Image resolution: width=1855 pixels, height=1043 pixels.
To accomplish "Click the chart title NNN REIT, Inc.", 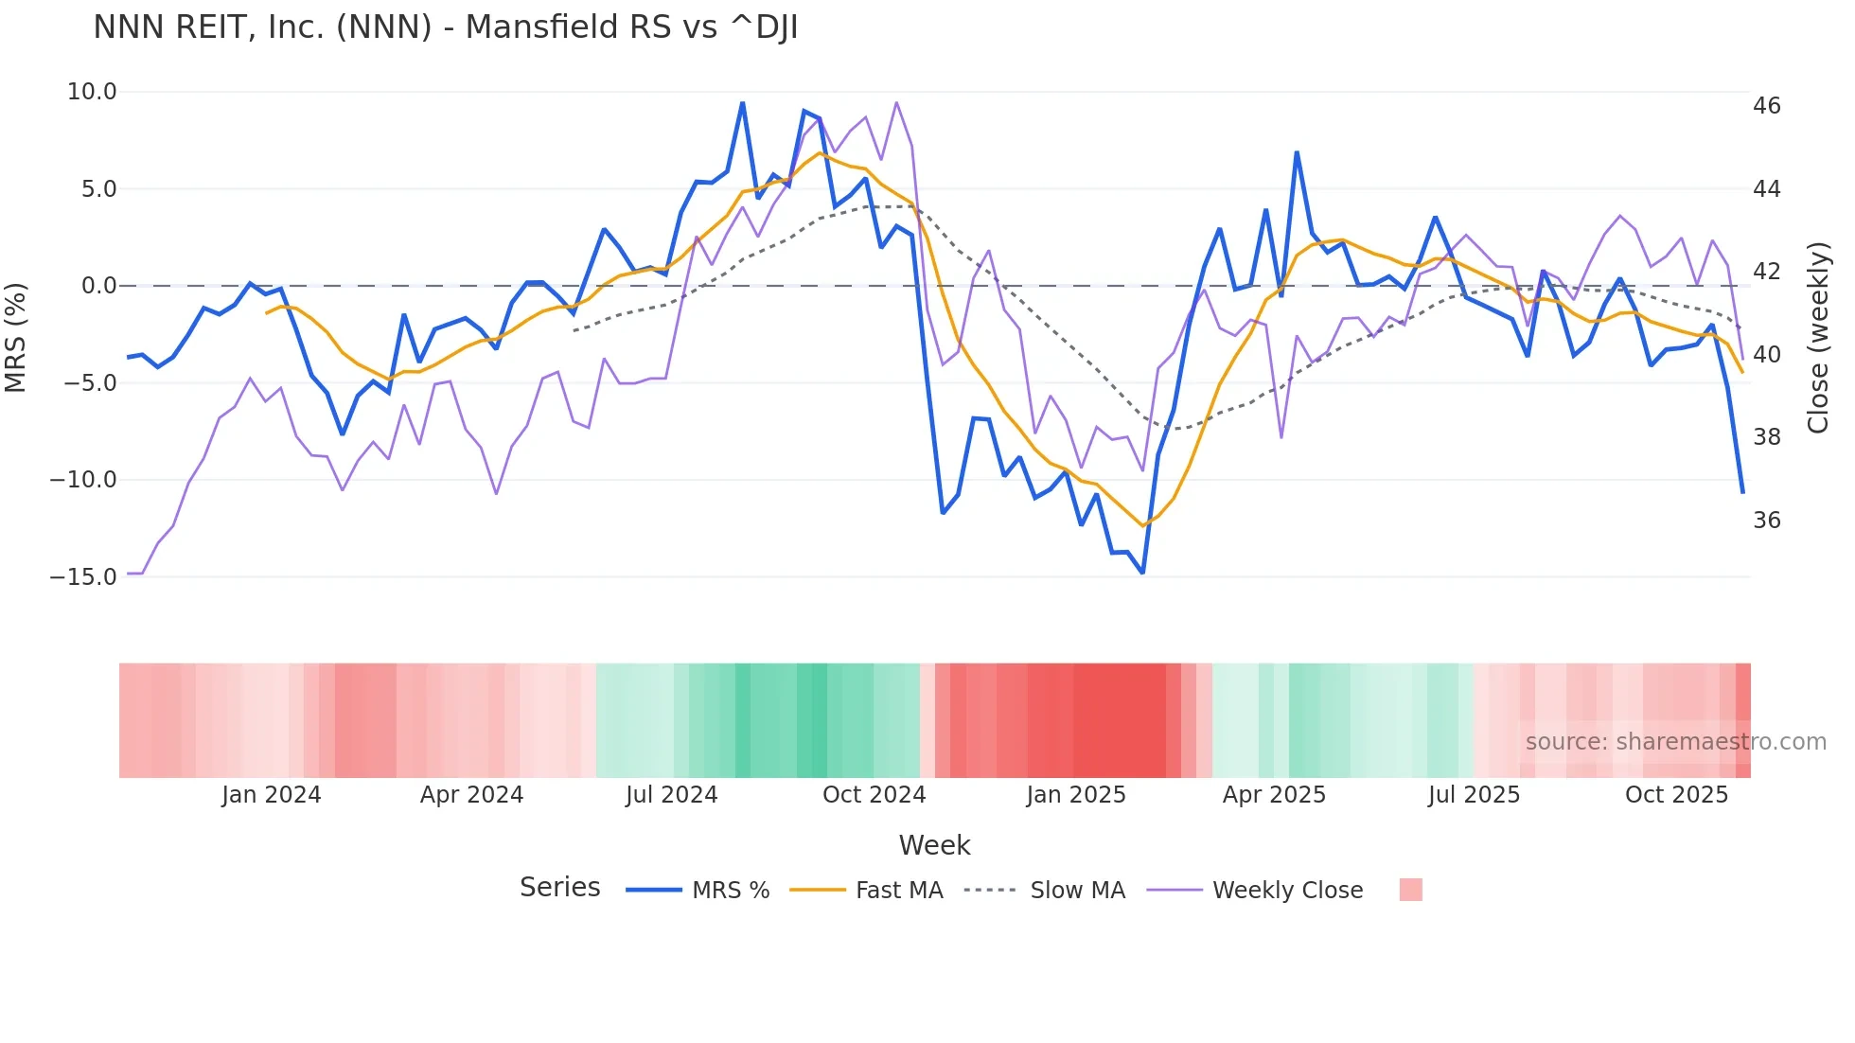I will point(445,27).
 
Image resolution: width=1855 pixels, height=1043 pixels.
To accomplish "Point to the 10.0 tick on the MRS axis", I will point(92,92).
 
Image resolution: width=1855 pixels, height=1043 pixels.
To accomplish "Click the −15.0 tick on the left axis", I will point(83,576).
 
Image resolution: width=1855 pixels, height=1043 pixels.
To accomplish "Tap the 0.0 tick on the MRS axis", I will point(99,286).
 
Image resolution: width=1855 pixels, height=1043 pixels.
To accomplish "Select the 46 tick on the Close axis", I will point(1766,106).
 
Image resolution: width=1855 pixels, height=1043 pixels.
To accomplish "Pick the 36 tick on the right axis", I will point(1766,520).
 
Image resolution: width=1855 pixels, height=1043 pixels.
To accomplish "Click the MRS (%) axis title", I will point(16,337).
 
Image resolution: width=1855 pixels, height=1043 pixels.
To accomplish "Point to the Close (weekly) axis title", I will point(1818,337).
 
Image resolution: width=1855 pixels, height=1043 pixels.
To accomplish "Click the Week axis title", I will point(934,844).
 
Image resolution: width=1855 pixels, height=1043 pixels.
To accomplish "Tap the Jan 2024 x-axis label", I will point(272,794).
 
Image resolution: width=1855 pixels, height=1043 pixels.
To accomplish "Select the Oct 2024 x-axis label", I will point(874,794).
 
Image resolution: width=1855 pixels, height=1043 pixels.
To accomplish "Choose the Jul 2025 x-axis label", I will point(1474,794).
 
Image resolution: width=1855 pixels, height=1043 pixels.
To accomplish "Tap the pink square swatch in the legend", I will point(1410,890).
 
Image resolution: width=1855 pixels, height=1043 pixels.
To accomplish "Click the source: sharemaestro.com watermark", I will point(1675,741).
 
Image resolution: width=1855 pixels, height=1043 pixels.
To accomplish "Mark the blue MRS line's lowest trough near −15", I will point(1142,573).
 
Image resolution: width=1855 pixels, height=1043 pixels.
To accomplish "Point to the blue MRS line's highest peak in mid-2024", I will point(743,103).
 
